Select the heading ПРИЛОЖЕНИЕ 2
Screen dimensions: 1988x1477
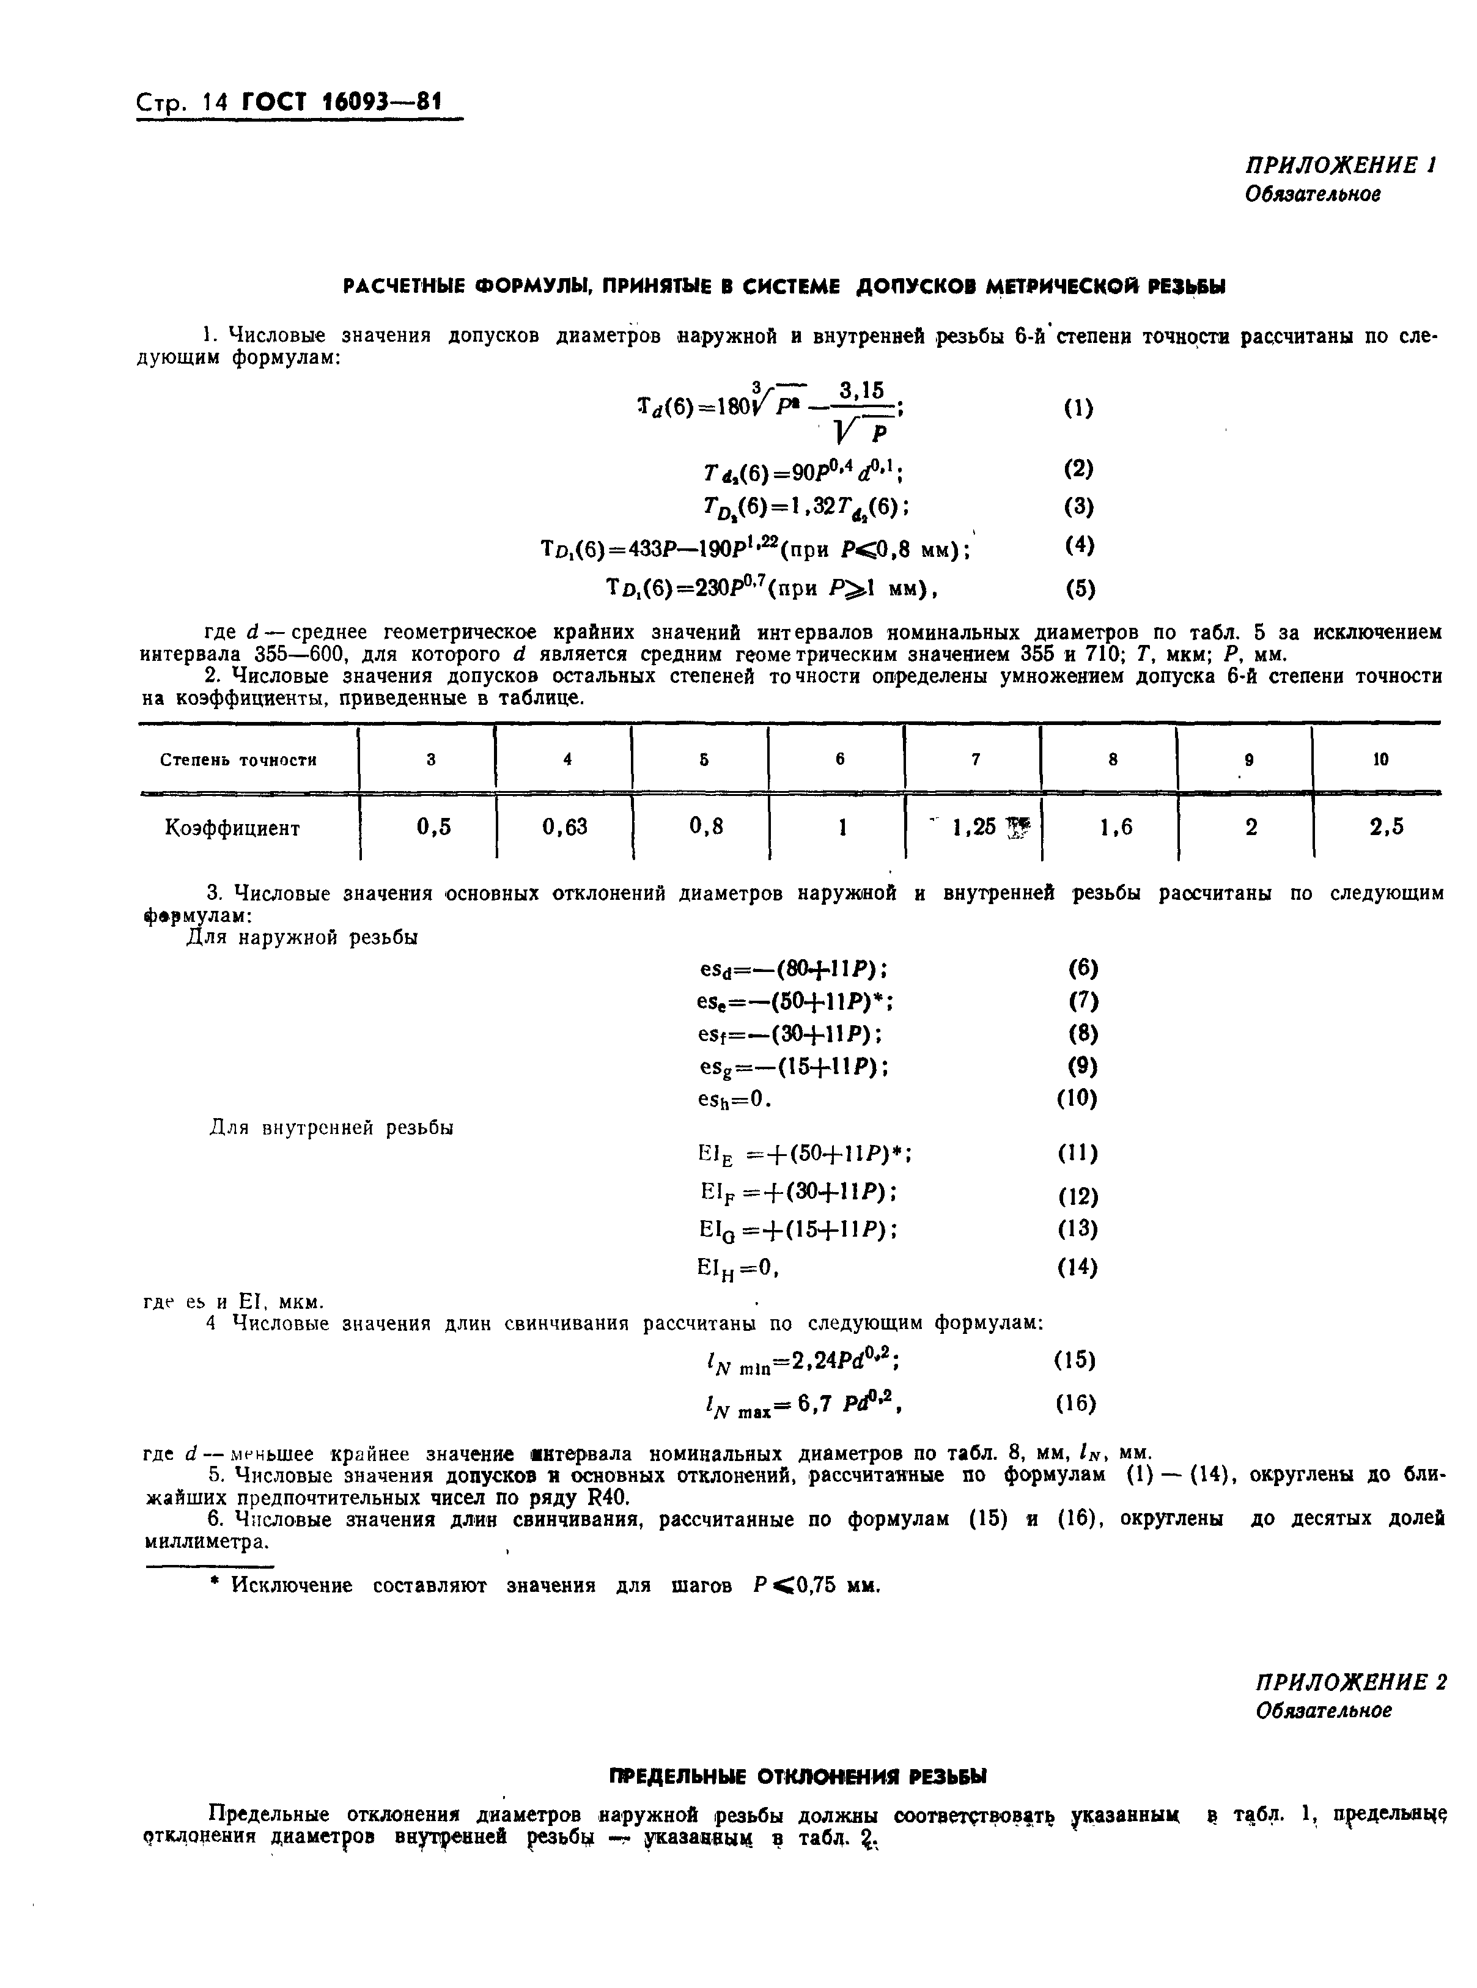coord(1350,1681)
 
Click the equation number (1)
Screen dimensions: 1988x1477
coord(1078,408)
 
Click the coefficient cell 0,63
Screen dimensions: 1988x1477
coord(565,827)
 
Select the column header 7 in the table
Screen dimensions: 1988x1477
coord(976,759)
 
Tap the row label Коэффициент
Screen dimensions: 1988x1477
coord(232,828)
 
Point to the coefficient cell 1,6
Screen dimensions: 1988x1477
coord(1115,827)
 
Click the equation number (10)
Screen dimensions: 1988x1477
coord(1077,1098)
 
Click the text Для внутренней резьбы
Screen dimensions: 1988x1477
coord(331,1127)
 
